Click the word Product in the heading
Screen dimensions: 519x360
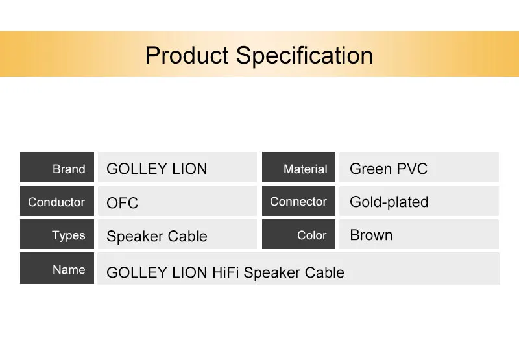tap(187, 55)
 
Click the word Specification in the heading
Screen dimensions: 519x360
tap(304, 56)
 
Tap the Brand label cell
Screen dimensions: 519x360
tap(57, 167)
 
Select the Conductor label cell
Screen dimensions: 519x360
tap(57, 200)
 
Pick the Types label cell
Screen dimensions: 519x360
tap(57, 234)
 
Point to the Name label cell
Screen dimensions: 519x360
tap(57, 268)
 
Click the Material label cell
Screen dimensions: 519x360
tap(298, 167)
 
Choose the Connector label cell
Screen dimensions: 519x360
tap(298, 200)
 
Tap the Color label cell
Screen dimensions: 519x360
tap(298, 234)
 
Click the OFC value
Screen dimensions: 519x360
tap(123, 203)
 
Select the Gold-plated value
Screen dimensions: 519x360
tap(389, 202)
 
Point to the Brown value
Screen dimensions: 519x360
tap(371, 235)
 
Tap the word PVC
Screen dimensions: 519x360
tap(412, 169)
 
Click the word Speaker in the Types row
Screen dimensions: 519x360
tap(135, 236)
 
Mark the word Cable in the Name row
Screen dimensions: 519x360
tap(324, 272)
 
